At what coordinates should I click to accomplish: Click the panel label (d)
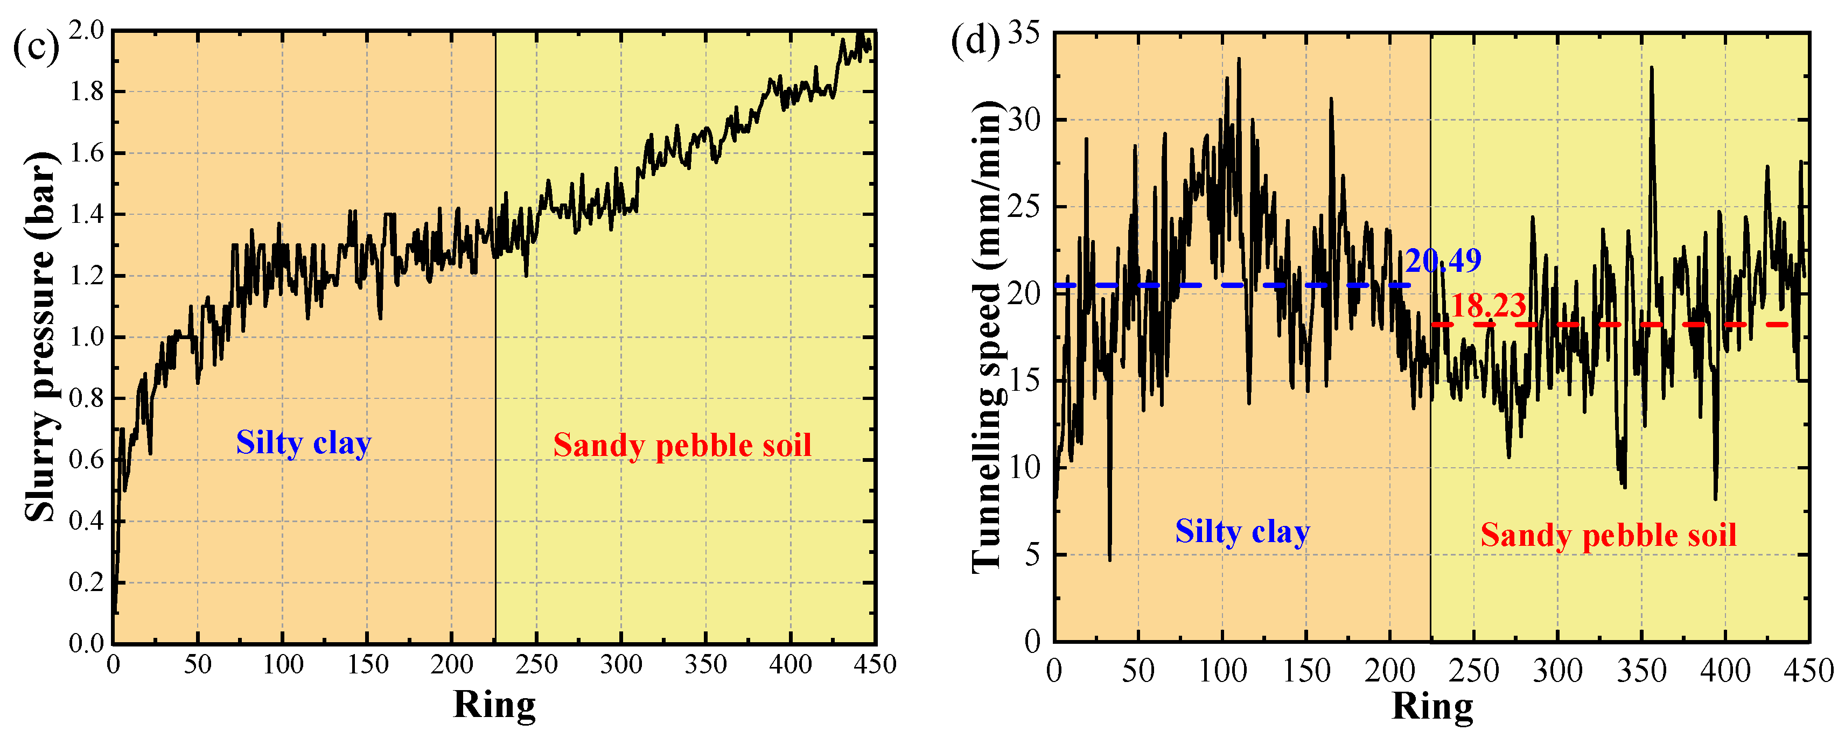pyautogui.click(x=975, y=41)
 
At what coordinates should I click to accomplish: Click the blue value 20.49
pyautogui.click(x=1443, y=261)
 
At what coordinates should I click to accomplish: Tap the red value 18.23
pyautogui.click(x=1487, y=306)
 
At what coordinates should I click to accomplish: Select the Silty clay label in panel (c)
pyautogui.click(x=304, y=443)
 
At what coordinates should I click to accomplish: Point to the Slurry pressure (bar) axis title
pyautogui.click(x=41, y=336)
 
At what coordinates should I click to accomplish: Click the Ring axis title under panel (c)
pyautogui.click(x=494, y=705)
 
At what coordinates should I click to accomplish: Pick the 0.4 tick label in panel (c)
pyautogui.click(x=87, y=521)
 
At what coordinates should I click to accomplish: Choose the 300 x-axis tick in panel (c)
pyautogui.click(x=621, y=665)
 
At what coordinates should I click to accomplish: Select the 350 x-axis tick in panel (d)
pyautogui.click(x=1641, y=671)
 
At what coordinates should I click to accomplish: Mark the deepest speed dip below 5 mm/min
pyautogui.click(x=1110, y=558)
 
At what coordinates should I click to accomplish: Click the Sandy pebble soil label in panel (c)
pyautogui.click(x=682, y=446)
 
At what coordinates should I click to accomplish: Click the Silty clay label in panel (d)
pyautogui.click(x=1242, y=532)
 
